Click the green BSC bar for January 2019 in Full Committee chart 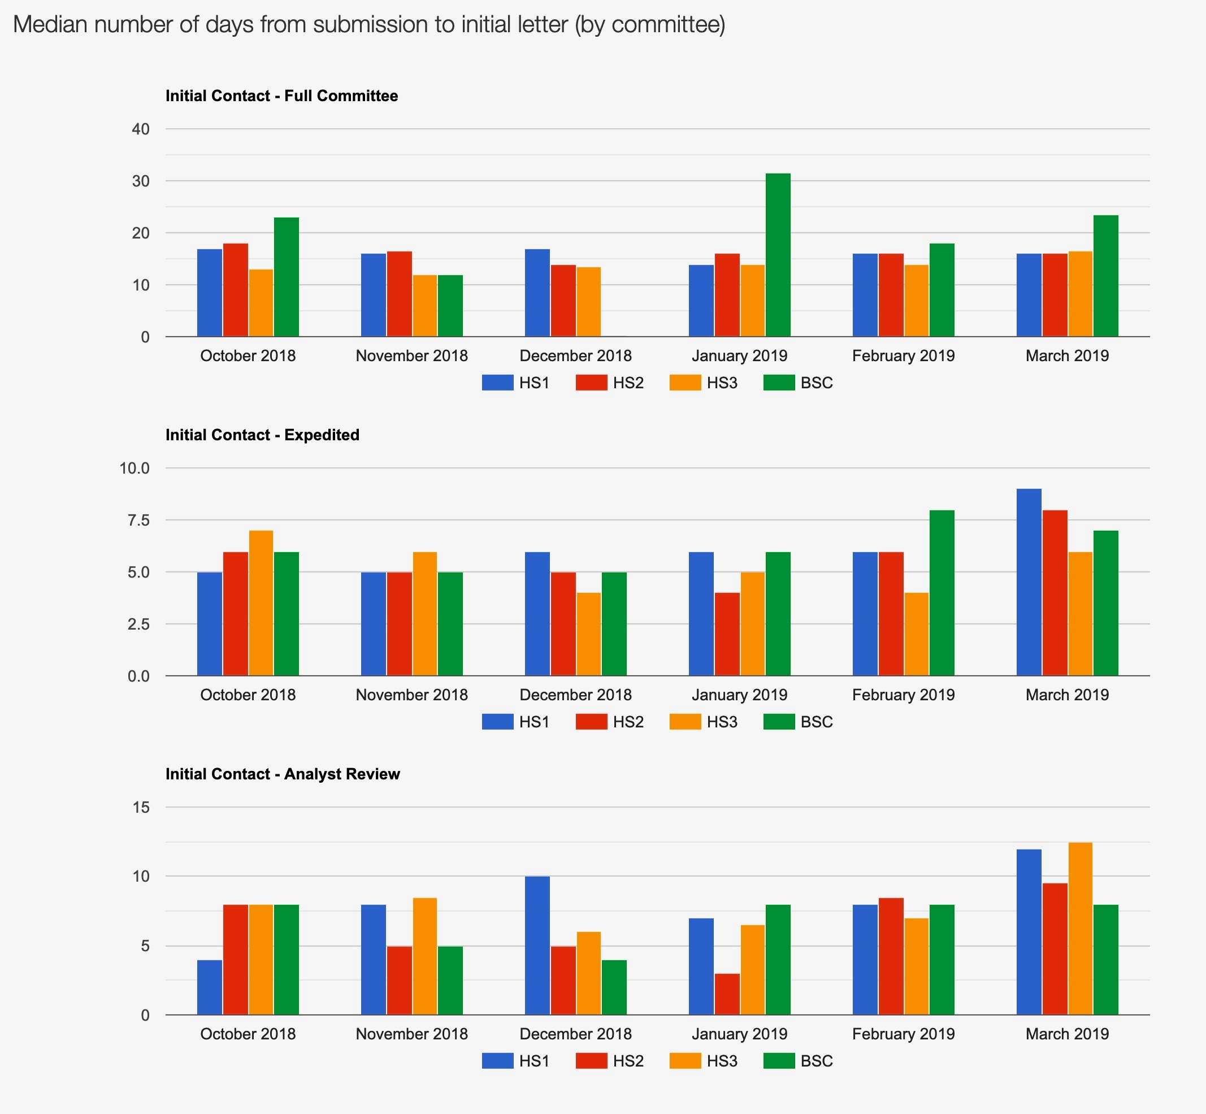[778, 254]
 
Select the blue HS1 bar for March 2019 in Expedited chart [1029, 582]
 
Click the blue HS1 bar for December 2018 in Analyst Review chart [537, 945]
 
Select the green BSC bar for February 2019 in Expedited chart [942, 592]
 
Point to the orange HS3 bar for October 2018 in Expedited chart [261, 603]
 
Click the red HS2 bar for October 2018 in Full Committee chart [235, 289]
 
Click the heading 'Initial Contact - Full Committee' [281, 96]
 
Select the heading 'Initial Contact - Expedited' [262, 435]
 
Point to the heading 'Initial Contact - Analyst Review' [283, 774]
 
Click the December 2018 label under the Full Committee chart [575, 356]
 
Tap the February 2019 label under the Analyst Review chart [903, 1034]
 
